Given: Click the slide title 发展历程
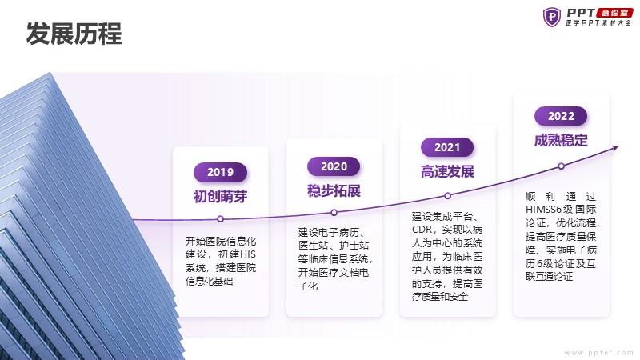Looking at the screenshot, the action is click(x=74, y=34).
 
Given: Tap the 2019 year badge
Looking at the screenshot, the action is click(x=221, y=172).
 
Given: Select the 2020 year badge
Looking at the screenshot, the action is click(x=334, y=166).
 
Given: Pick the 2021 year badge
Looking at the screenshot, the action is click(x=447, y=147).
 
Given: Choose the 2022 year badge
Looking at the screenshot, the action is click(x=561, y=116).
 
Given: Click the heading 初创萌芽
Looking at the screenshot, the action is click(x=221, y=197).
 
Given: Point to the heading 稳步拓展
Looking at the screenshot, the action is click(x=334, y=191).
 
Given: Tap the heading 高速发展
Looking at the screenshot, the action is click(x=447, y=172).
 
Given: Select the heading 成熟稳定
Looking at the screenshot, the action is click(x=561, y=141).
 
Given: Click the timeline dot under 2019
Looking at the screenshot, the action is click(x=221, y=219).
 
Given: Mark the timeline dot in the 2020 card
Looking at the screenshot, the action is click(x=334, y=213).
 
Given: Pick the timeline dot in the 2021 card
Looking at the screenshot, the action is click(x=447, y=196).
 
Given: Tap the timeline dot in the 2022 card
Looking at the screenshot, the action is click(x=562, y=166).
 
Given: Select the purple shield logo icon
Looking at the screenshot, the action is click(x=552, y=17).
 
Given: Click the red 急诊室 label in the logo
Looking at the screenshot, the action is click(x=614, y=13).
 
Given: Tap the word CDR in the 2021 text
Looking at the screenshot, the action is click(x=421, y=230).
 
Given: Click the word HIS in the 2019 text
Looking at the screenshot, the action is click(x=248, y=254).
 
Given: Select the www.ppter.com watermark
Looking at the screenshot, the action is click(x=598, y=353).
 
